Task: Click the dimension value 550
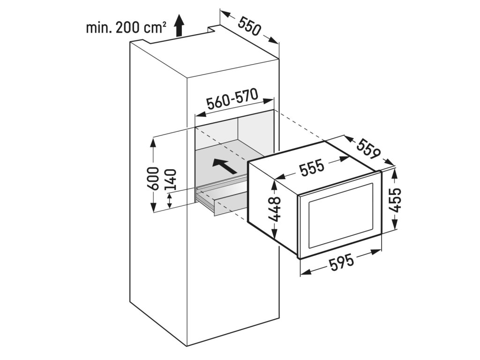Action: coord(248,27)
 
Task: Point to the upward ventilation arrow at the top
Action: coord(179,25)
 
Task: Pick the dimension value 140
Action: coord(171,180)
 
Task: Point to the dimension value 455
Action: coord(396,200)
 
